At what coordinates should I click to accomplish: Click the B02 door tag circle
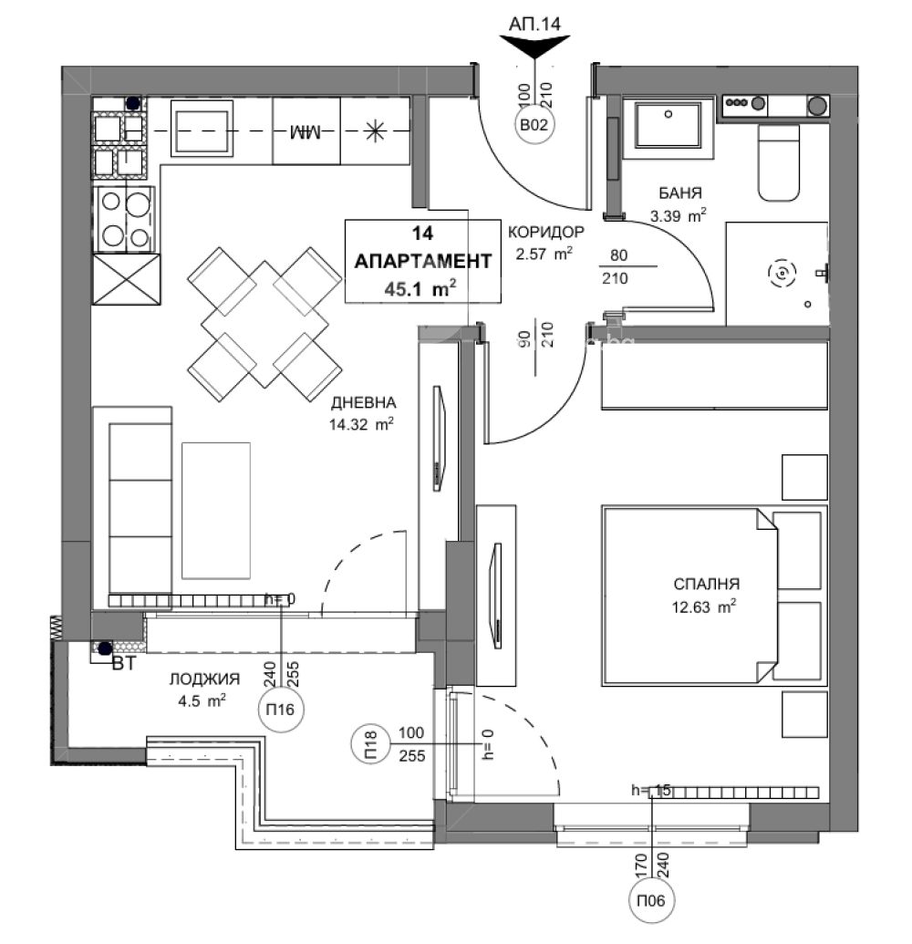pyautogui.click(x=536, y=127)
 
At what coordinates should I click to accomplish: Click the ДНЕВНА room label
pyautogui.click(x=363, y=402)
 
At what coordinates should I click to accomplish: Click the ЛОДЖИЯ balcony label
pyautogui.click(x=204, y=679)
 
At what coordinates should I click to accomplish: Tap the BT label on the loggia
pyautogui.click(x=123, y=663)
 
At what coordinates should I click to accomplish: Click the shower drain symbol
pyautogui.click(x=782, y=272)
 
